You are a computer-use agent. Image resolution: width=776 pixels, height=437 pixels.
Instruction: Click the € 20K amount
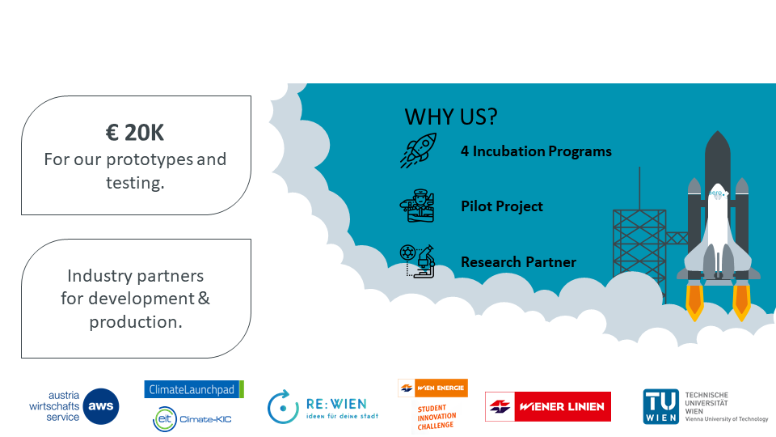click(135, 132)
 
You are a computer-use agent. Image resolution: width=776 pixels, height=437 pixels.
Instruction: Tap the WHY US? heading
click(451, 117)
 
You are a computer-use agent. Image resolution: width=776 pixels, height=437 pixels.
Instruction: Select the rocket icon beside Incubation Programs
click(419, 151)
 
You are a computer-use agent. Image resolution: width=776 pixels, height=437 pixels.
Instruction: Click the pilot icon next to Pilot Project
click(417, 206)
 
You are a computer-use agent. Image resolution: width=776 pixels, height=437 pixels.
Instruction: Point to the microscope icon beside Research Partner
click(417, 261)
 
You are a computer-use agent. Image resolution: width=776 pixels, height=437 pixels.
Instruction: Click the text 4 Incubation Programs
click(536, 151)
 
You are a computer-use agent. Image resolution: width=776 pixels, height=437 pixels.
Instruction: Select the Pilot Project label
click(502, 206)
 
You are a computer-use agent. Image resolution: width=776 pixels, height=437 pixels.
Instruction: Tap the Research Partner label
click(518, 261)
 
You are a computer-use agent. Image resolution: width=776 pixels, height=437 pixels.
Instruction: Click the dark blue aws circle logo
click(101, 406)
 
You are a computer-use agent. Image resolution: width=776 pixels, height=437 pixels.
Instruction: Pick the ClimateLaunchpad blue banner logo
click(194, 389)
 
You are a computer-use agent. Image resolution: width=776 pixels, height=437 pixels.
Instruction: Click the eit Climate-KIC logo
click(192, 419)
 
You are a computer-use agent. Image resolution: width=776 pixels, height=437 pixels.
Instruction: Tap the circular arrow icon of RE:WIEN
click(283, 407)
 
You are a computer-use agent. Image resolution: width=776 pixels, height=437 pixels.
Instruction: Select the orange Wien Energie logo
click(432, 388)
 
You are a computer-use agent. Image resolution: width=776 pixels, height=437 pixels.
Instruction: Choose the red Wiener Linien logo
click(548, 407)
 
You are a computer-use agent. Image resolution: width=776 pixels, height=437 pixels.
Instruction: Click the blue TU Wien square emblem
click(661, 407)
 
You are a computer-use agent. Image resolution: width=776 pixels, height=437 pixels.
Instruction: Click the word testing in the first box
click(135, 183)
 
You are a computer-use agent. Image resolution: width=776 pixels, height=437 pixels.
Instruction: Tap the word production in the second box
click(136, 322)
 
